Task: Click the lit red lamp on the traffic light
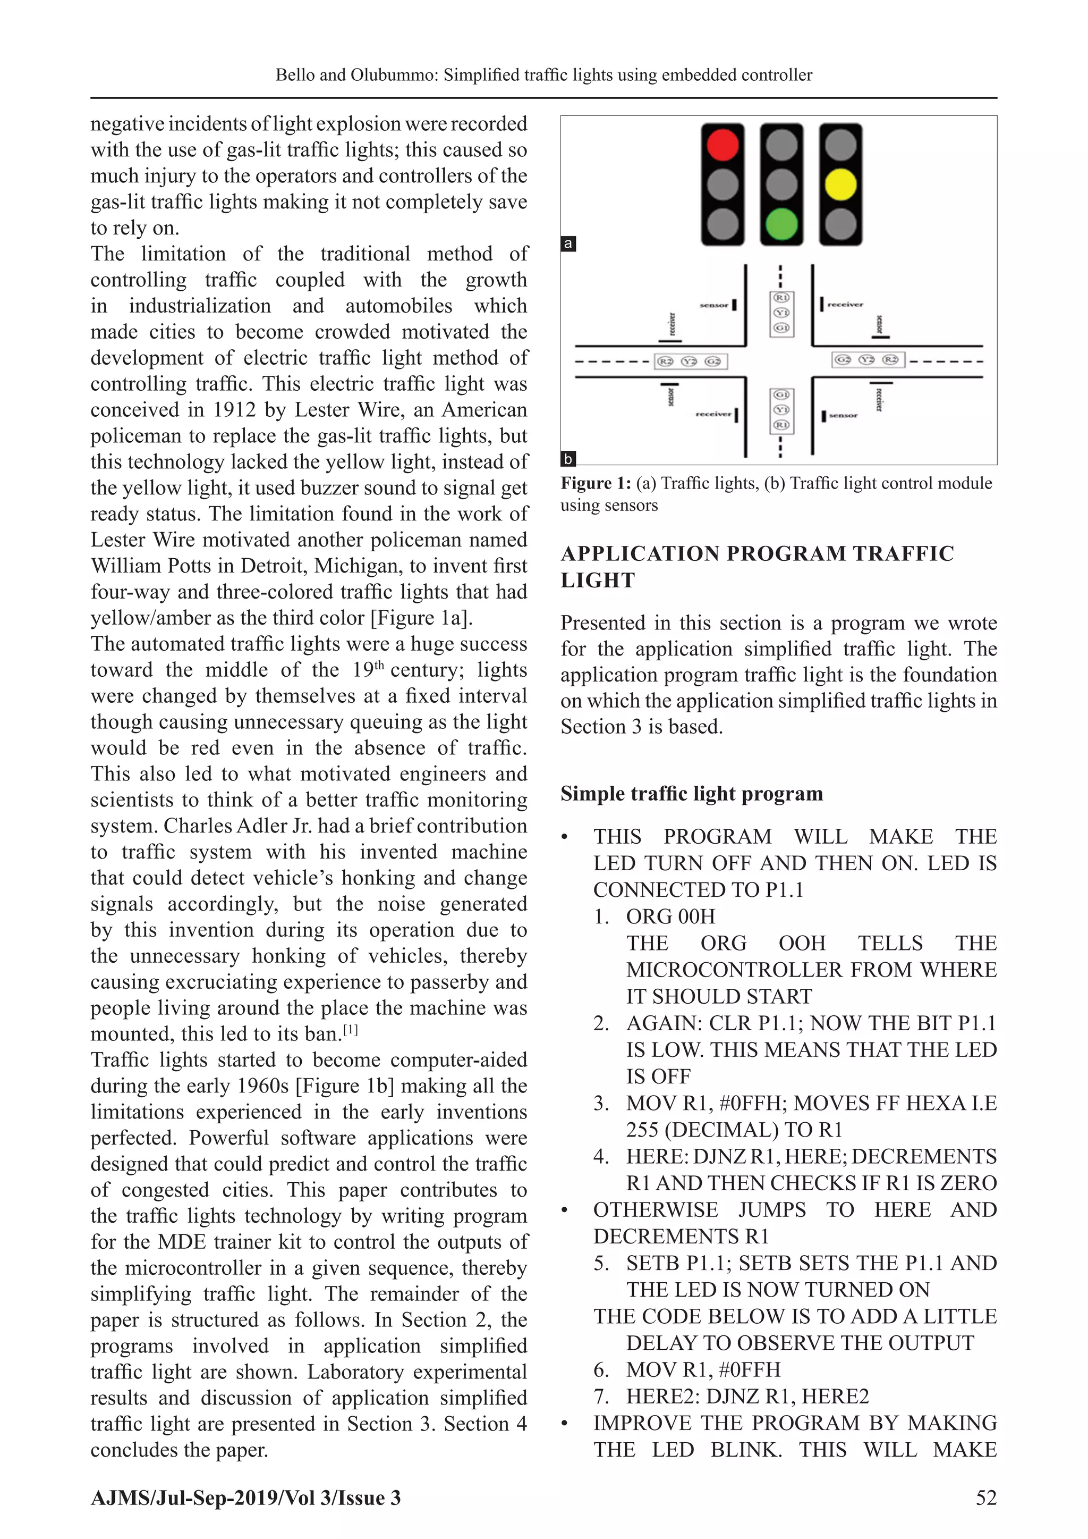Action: point(722,145)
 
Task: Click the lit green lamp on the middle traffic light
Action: point(781,224)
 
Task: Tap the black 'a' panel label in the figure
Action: point(568,243)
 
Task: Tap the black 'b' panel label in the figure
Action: point(568,459)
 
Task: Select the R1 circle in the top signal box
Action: point(781,298)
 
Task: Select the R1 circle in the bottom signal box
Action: point(781,425)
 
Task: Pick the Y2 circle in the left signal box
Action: point(690,361)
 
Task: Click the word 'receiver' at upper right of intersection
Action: point(845,304)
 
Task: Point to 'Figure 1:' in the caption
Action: point(595,483)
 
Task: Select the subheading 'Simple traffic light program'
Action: point(691,794)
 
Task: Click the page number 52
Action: point(986,1498)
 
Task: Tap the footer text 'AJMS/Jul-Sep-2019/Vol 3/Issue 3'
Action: point(245,1498)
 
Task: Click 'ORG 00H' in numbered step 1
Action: point(670,916)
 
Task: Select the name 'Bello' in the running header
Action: point(295,75)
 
